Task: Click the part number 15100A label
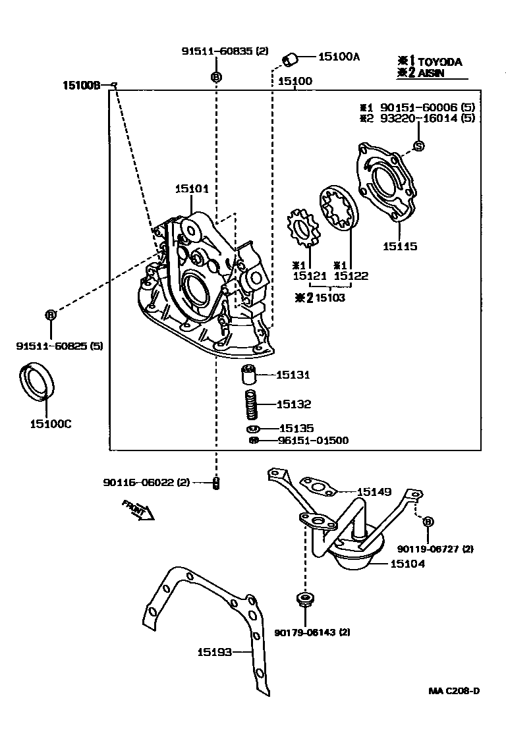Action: (x=339, y=57)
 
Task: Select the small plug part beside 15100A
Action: (x=290, y=60)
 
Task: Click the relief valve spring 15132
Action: (x=250, y=404)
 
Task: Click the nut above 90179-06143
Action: (x=305, y=599)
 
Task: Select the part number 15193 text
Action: (x=214, y=652)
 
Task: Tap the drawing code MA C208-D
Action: (x=453, y=691)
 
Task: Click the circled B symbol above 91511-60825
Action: (x=50, y=315)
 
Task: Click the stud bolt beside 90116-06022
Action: (x=215, y=483)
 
